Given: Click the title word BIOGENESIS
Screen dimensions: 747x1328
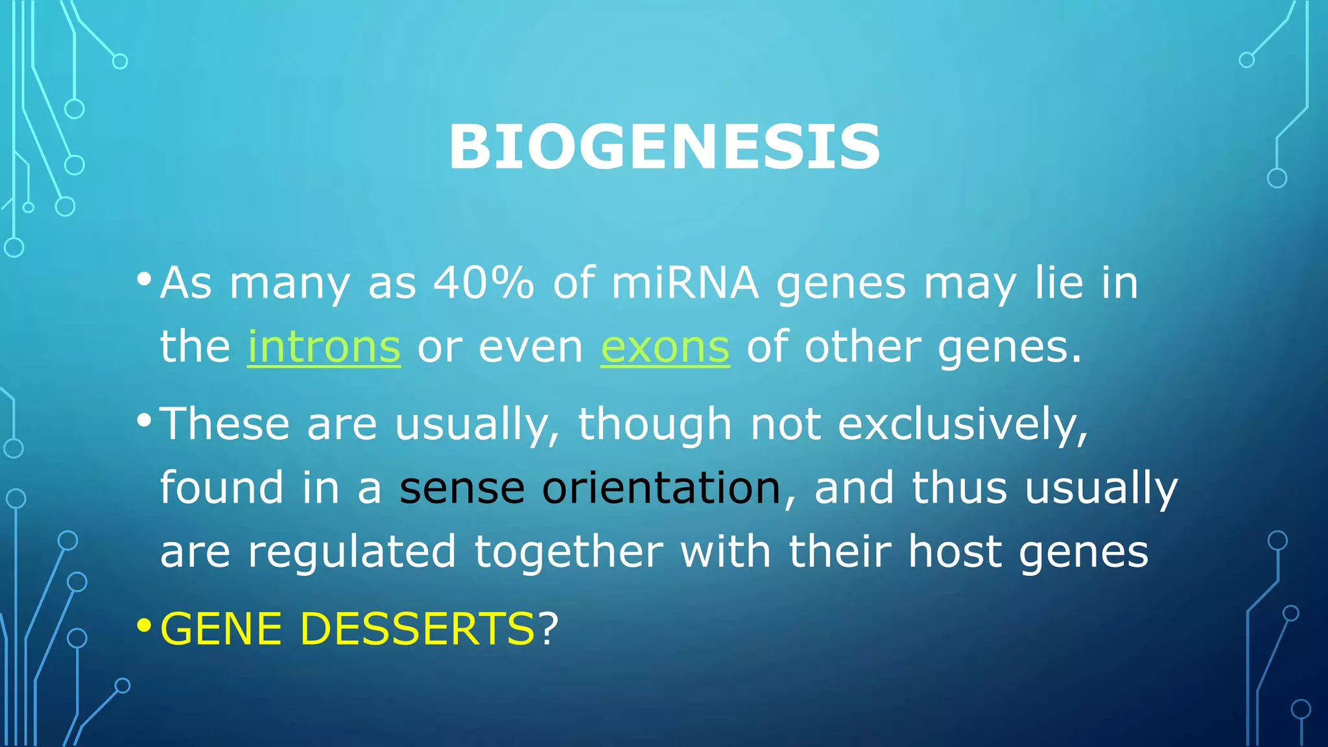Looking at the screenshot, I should pos(664,148).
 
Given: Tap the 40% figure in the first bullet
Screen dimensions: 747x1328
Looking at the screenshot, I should pos(484,283).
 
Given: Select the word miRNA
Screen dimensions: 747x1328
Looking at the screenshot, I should pos(685,283).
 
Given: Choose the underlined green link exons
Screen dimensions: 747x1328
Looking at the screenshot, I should pos(665,348).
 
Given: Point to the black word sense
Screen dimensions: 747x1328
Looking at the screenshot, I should pos(462,488).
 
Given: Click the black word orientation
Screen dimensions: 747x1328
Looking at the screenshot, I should pos(661,488).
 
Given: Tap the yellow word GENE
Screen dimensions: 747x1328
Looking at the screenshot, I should pos(221,629).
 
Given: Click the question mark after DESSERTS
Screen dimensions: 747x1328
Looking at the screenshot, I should pos(548,628).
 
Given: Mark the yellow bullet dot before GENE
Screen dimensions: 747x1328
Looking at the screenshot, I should pos(144,626).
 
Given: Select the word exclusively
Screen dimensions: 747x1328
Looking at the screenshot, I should pos(962,425).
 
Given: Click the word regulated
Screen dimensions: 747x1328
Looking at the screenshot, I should pos(352,552).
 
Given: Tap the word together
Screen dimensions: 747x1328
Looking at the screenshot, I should pos(569,552).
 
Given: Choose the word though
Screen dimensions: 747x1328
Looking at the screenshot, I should pos(655,425).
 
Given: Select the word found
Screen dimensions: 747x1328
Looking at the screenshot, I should pos(222,488).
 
